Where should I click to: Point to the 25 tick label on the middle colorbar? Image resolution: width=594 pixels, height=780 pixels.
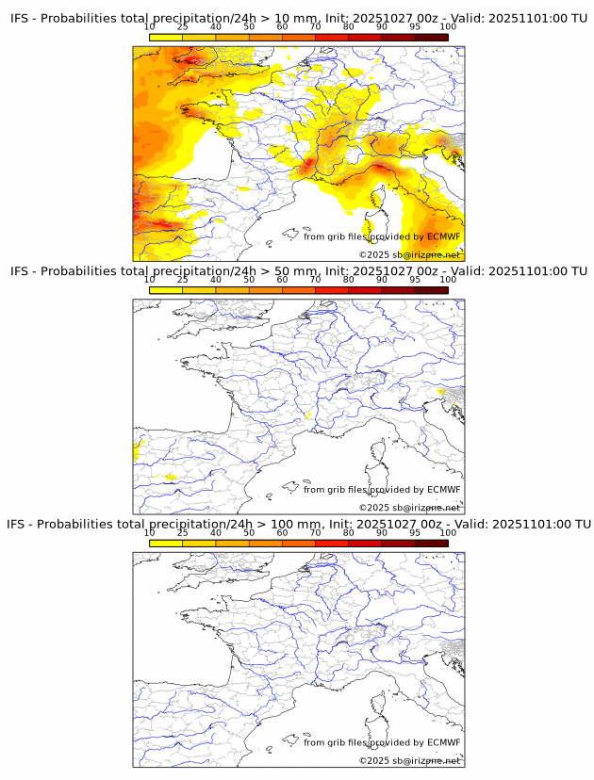click(x=182, y=280)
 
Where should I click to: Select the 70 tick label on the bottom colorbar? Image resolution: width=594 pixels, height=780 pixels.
click(x=315, y=532)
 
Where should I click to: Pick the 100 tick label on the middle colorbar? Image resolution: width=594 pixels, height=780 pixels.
click(x=448, y=280)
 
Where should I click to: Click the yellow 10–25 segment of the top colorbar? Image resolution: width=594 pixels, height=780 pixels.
click(x=165, y=36)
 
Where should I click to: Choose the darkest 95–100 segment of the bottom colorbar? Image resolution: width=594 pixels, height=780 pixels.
click(x=431, y=543)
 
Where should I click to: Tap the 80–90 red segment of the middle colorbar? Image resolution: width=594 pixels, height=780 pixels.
click(x=365, y=290)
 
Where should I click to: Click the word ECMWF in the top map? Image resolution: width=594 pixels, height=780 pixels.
click(x=444, y=237)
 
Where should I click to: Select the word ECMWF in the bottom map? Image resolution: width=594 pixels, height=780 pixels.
click(x=444, y=742)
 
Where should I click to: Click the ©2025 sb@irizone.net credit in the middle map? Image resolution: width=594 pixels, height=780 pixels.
click(x=409, y=507)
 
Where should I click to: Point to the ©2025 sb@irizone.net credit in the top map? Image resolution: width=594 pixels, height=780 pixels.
click(x=409, y=254)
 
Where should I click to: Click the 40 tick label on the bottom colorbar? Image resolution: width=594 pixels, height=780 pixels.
click(x=216, y=532)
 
